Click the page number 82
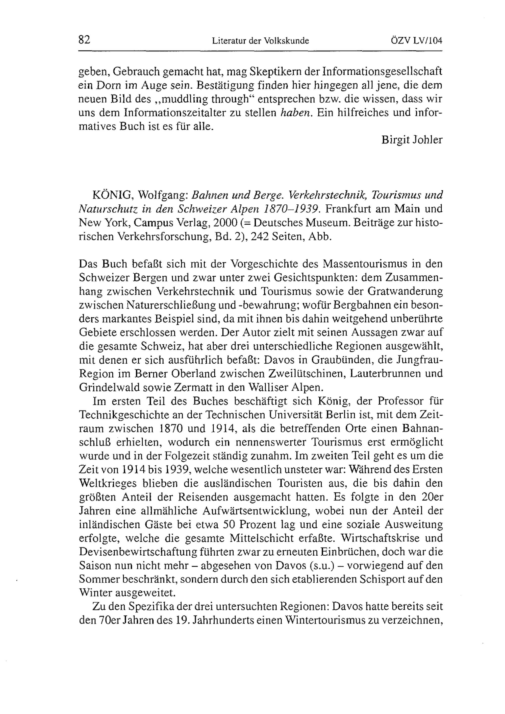pyautogui.click(x=84, y=40)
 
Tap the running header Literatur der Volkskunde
pyautogui.click(x=260, y=41)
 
